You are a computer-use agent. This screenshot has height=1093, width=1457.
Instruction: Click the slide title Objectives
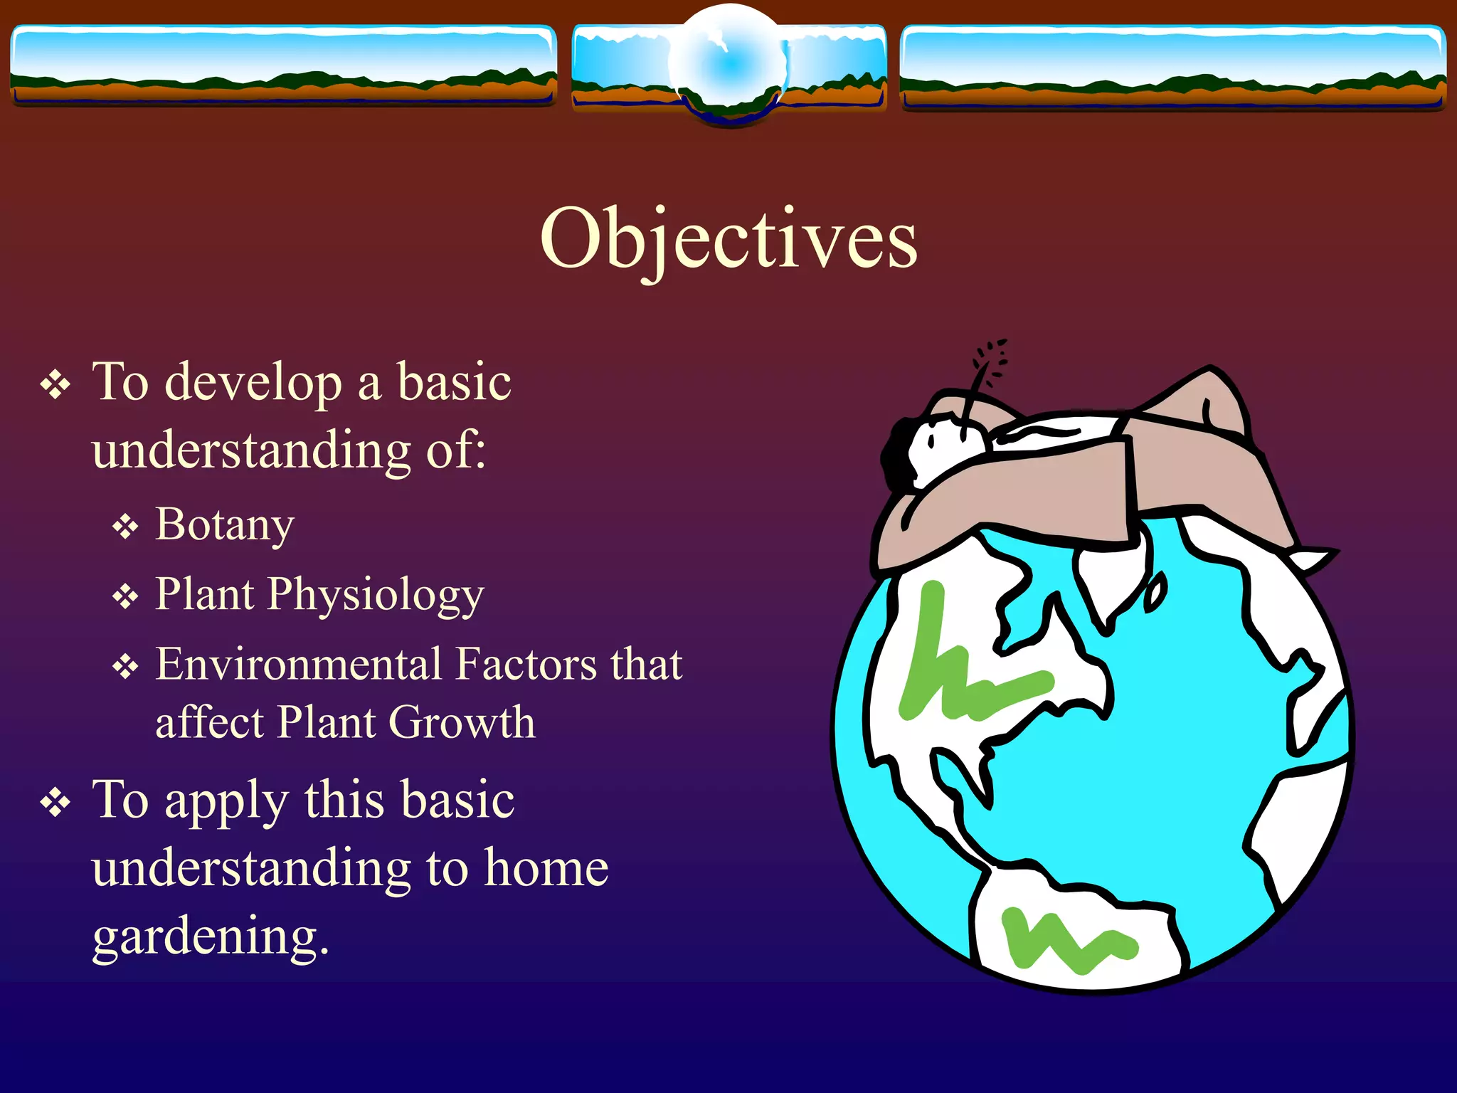pos(728,238)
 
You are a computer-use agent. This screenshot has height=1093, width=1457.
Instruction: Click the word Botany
pos(224,524)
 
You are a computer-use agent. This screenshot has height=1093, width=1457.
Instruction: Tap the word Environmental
pos(299,665)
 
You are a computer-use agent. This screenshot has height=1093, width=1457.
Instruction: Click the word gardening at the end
pos(210,936)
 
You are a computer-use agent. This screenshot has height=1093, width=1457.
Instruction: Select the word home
pos(546,868)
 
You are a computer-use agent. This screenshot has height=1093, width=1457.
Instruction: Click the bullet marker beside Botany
pos(125,527)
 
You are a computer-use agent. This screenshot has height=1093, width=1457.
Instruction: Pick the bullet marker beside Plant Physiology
pos(125,596)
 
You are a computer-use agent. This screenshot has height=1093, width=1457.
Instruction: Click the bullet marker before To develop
pos(55,386)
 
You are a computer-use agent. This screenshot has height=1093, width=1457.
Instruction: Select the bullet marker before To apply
pos(55,803)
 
